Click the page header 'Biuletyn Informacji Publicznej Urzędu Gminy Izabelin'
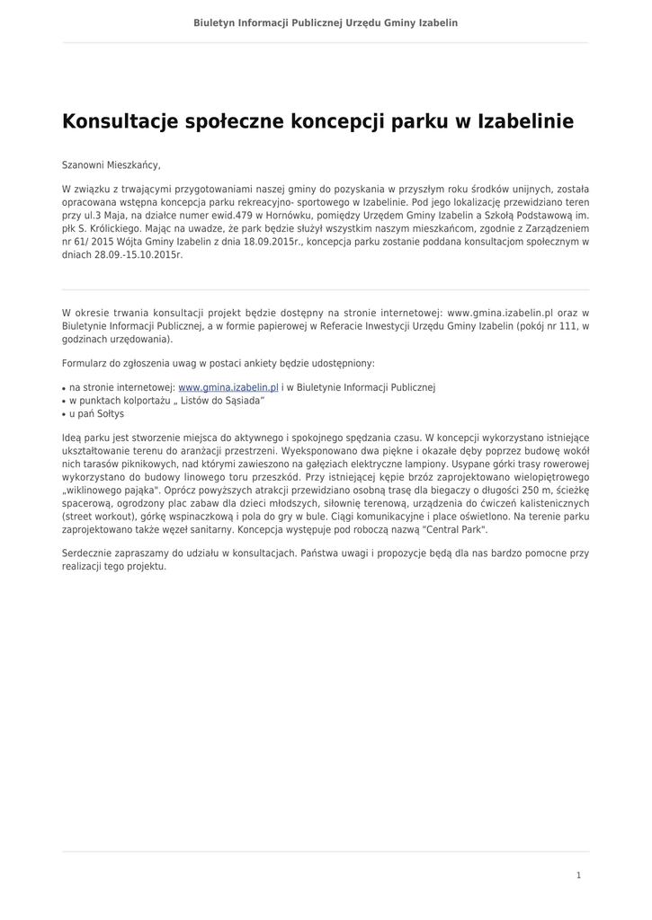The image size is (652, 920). pos(326,22)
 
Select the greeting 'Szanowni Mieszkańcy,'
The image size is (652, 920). pos(111,165)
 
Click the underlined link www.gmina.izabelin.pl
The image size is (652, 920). pos(228,387)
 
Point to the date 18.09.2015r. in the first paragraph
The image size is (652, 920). pos(273,242)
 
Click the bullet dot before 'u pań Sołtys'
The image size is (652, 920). pos(64,415)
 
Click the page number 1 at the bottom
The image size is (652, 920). pos(578,875)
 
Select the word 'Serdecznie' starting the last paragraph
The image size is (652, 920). pos(88,553)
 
